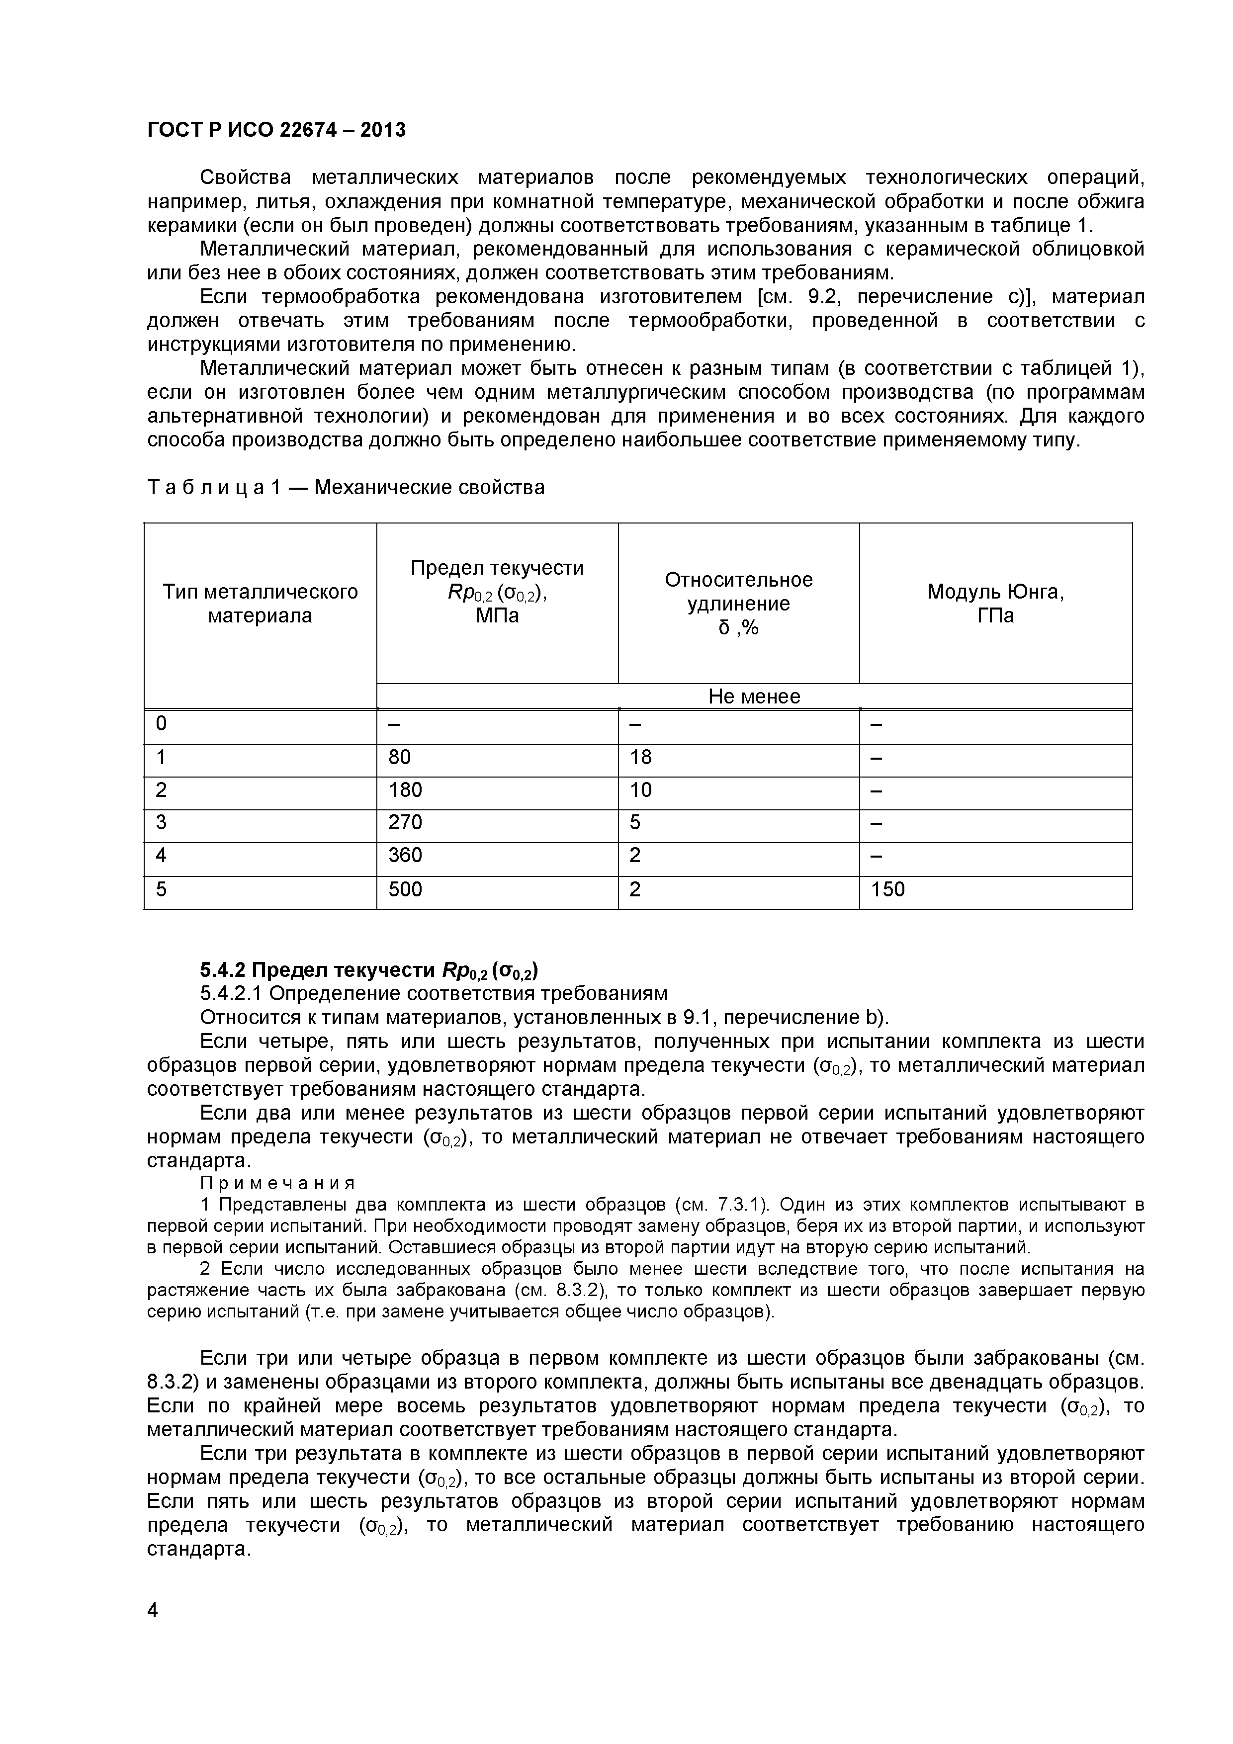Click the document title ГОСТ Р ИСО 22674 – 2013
276,131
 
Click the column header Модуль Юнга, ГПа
995,603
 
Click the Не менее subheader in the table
754,696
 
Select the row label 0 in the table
161,724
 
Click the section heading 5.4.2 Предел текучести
369,970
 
